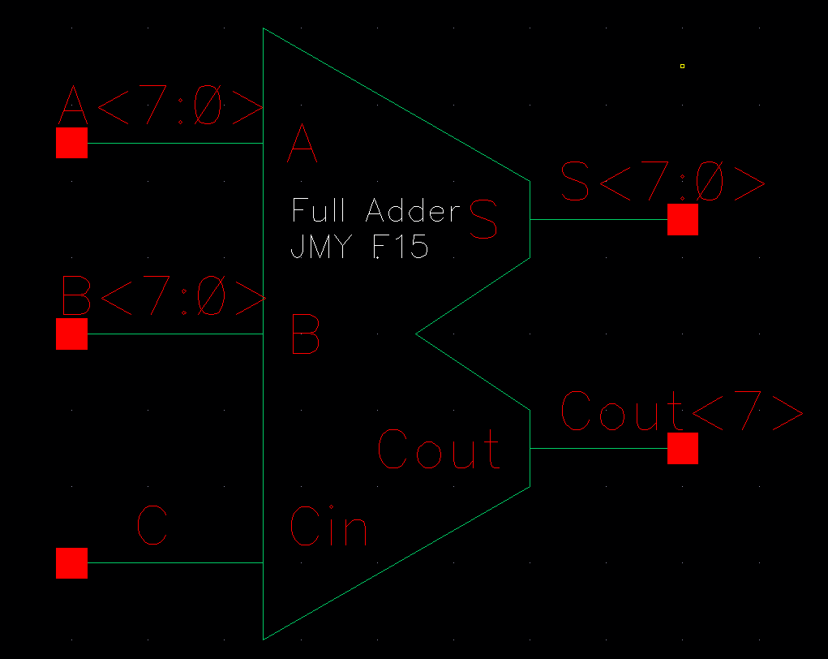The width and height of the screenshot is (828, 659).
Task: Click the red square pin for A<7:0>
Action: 71,143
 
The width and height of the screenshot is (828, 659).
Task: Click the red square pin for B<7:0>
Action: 71,334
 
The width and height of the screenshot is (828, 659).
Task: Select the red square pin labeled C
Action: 71,562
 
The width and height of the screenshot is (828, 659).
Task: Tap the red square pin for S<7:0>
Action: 682,219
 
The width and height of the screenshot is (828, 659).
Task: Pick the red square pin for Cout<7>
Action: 682,448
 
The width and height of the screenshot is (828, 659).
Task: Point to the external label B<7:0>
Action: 163,298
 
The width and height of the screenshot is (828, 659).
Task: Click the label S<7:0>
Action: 663,183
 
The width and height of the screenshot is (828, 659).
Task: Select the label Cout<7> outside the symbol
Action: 681,411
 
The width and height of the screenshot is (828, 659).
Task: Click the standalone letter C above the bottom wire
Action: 152,525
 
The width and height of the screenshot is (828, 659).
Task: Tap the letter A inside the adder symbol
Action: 303,145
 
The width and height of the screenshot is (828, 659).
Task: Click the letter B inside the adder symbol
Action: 305,335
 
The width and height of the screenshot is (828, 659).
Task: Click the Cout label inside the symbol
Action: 439,450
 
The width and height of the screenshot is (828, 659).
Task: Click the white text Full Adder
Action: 375,211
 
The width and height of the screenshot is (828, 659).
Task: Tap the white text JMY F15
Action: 358,246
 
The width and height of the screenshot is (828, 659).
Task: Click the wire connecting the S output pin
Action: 598,219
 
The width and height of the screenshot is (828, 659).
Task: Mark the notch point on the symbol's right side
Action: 417,333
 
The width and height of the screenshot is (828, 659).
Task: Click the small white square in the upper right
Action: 682,66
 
